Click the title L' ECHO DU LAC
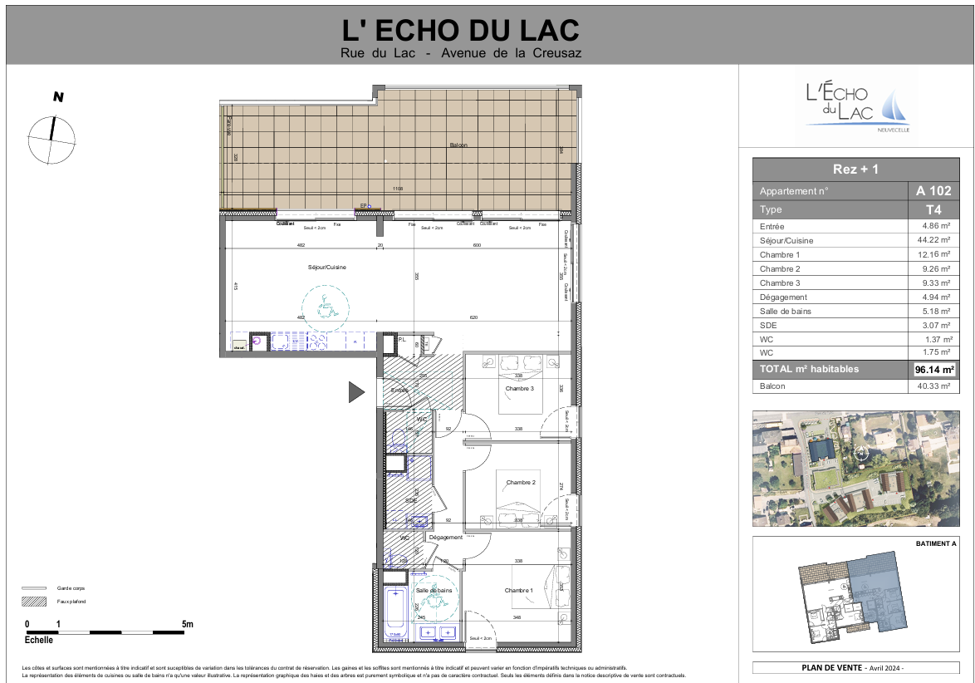tap(461, 31)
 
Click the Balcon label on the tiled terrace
tap(458, 145)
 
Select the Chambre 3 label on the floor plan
tap(520, 388)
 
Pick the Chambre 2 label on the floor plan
tap(521, 483)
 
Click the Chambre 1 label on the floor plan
tap(519, 591)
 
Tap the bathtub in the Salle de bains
tap(396, 612)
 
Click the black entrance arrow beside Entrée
tap(356, 391)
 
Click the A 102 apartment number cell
tap(933, 190)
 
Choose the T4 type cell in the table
tap(933, 210)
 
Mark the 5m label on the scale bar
tap(187, 623)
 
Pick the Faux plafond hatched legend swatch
tap(34, 601)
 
